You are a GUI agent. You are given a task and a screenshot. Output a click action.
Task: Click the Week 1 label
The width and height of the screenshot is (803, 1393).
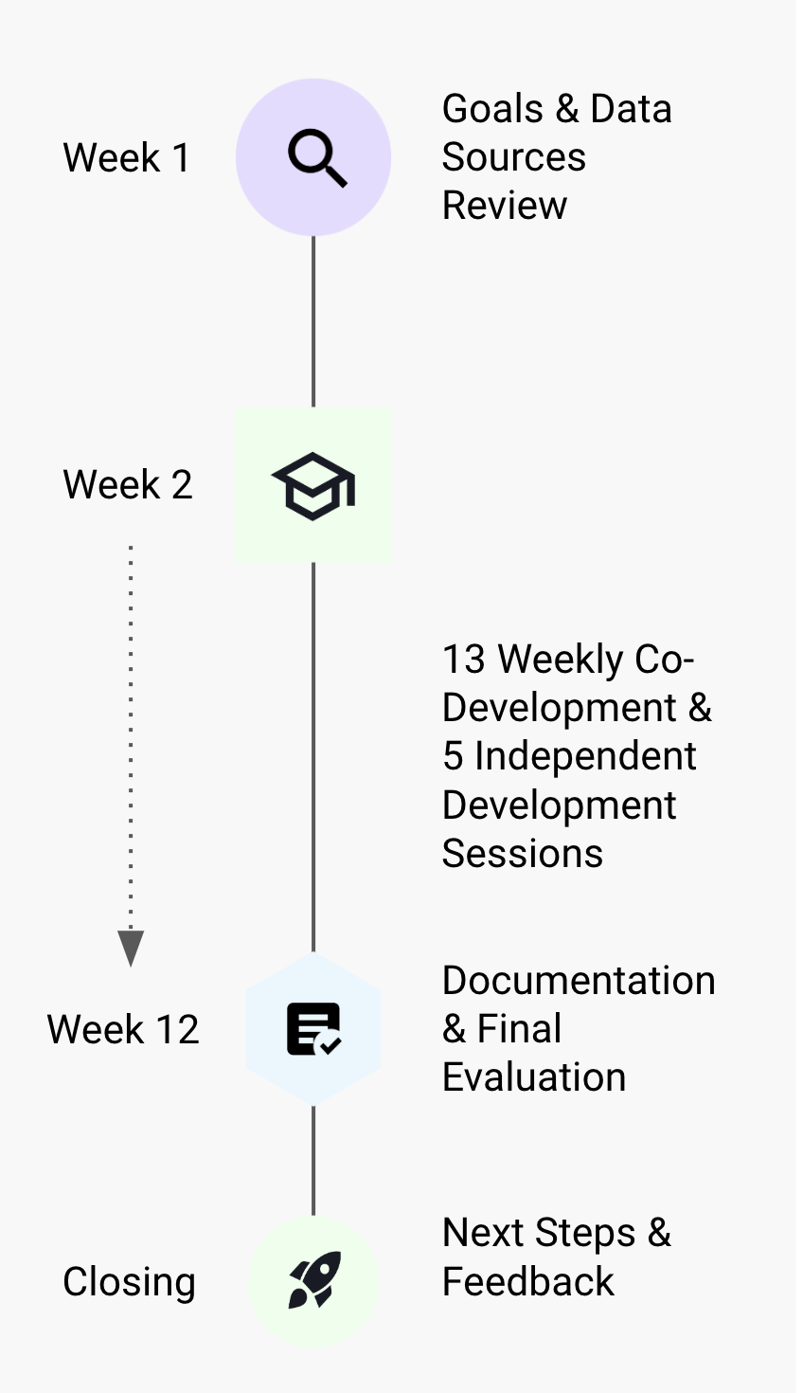coord(126,157)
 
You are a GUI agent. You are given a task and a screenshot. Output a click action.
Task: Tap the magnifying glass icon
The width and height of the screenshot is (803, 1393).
coord(317,157)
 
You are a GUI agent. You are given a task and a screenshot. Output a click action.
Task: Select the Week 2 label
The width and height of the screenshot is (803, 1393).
coord(128,484)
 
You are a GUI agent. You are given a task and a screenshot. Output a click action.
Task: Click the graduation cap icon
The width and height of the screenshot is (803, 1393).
coord(313,486)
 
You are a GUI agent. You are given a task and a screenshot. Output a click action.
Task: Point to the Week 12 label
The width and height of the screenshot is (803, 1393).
coord(123,1029)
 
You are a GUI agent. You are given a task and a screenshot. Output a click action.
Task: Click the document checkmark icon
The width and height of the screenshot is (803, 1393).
coord(313,1029)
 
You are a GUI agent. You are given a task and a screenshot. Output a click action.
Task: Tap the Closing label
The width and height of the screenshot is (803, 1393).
coord(130,1282)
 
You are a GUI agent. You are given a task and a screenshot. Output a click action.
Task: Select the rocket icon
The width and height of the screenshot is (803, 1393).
coord(314,1279)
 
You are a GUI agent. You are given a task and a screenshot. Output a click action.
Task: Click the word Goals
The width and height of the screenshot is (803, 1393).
coord(492,109)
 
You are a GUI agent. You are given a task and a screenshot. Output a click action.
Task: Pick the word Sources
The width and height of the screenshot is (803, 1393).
coord(514,156)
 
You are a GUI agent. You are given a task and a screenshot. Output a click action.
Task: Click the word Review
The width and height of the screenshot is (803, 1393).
coord(505,206)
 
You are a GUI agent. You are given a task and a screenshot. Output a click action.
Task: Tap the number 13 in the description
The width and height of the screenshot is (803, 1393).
coord(464,659)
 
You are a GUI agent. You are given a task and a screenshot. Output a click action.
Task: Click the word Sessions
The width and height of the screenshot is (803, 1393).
coord(523,853)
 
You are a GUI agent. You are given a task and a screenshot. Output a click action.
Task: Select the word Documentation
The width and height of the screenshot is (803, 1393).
coord(579,981)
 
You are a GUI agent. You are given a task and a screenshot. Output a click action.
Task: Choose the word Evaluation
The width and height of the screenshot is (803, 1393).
coord(534,1077)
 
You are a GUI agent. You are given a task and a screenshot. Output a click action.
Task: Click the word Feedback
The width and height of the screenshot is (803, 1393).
coord(528,1281)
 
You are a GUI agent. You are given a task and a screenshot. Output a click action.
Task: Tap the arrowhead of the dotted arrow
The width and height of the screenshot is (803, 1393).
coord(131,948)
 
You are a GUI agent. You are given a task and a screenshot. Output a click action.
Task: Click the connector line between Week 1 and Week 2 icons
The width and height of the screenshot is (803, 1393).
coord(313,321)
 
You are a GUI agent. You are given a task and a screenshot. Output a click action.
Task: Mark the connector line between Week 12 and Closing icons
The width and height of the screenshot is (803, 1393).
coord(313,1161)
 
